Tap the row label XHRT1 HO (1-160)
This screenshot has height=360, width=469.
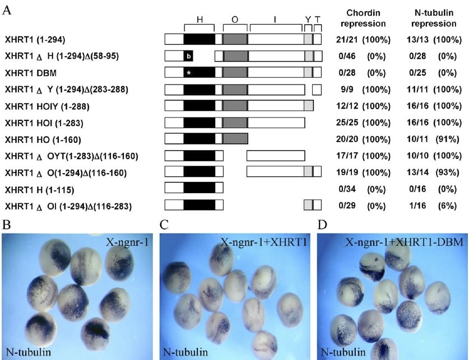coord(38,139)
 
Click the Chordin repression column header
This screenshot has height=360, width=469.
coord(366,20)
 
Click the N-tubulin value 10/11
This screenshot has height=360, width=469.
coord(418,139)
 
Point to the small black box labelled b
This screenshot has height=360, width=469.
coord(188,56)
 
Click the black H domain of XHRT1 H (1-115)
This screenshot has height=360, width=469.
coord(199,189)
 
